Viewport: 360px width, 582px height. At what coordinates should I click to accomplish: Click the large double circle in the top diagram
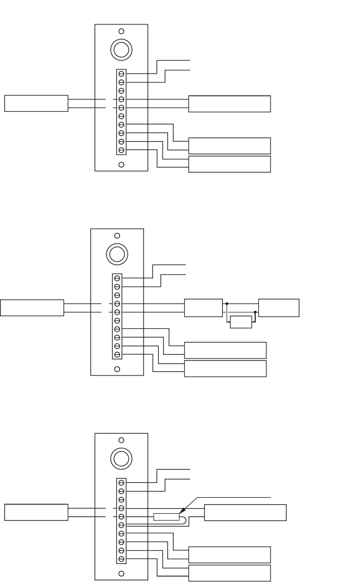coord(121,49)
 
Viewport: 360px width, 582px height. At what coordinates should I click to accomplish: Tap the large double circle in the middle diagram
coord(117,253)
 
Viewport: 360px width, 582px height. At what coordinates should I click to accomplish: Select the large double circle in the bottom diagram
coord(121,458)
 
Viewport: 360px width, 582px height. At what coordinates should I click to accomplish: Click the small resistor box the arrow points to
coord(166,517)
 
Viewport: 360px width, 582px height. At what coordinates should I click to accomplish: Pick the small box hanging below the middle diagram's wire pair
coord(241,322)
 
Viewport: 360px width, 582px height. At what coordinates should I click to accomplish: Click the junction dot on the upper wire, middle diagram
coord(227,304)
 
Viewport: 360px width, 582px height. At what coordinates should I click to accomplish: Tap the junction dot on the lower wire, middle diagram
coord(255,312)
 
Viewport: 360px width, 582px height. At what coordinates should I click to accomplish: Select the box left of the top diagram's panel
coord(36,103)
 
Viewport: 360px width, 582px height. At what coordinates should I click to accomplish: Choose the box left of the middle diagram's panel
coord(32,308)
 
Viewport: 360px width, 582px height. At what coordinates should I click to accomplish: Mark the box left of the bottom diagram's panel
coord(36,513)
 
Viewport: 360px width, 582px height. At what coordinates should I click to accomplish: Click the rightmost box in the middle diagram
coord(278,308)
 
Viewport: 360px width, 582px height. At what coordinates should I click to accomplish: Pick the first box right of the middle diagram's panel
coord(203,308)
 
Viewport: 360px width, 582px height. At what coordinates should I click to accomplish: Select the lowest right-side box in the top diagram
coord(229,164)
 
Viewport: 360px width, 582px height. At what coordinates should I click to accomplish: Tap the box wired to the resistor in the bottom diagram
coord(245,513)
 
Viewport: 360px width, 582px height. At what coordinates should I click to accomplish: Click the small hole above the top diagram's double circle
coord(121,31)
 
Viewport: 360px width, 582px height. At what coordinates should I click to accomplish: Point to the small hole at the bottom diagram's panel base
coord(121,574)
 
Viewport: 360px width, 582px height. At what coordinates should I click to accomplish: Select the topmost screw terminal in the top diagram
coord(121,74)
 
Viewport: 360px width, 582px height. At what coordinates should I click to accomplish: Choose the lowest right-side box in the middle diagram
coord(225,369)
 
